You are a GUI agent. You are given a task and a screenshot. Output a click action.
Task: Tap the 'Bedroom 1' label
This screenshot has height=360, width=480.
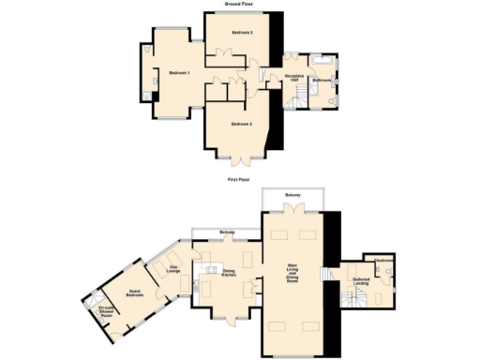(180, 72)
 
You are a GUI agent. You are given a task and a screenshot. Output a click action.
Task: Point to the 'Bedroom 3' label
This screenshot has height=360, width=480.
(243, 33)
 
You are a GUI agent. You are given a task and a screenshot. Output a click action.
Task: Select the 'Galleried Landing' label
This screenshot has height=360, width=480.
(361, 280)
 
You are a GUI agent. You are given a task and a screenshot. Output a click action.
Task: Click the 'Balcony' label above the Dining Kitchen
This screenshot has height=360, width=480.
(227, 232)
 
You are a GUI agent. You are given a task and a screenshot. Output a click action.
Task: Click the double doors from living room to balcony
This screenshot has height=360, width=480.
(293, 212)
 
